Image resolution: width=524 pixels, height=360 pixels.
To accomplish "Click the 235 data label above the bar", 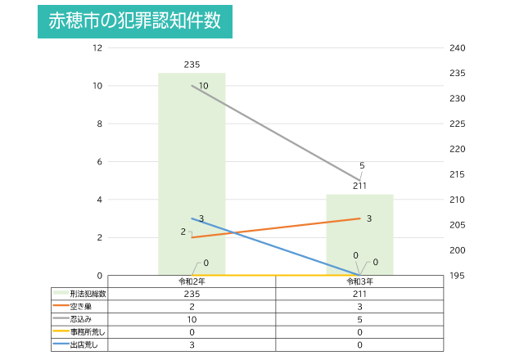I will coord(192,65).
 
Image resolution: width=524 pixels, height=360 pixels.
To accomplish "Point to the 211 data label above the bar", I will coord(359,186).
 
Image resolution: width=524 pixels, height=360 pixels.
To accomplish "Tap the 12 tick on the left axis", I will coord(98,47).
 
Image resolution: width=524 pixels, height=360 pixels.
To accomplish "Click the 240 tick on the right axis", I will coord(458,47).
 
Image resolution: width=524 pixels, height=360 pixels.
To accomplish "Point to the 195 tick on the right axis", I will coord(458,276).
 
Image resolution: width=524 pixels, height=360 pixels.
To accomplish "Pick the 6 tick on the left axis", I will coord(99,162).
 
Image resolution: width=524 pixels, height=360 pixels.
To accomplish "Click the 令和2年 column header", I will coord(192,281).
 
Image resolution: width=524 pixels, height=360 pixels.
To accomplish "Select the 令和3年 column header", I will coord(359,281).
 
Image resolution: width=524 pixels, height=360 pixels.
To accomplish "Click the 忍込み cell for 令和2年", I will coord(192,319).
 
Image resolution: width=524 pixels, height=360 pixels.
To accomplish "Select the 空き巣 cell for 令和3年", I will coord(359,307).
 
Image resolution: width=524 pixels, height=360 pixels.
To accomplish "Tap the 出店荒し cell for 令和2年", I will coord(192,345).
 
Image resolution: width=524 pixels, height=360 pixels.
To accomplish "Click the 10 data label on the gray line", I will coord(203,86).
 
